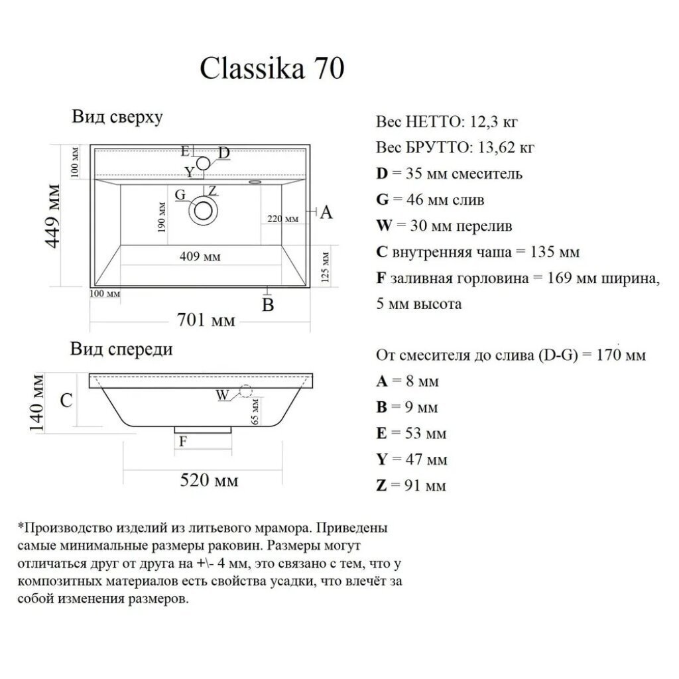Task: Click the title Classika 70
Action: click(x=272, y=68)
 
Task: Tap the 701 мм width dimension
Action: click(x=206, y=320)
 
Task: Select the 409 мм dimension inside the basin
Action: click(x=200, y=257)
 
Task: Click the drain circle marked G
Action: click(x=203, y=211)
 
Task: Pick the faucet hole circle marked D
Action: click(x=203, y=164)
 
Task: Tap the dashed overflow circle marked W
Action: click(x=245, y=391)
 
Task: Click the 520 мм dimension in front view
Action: click(x=209, y=480)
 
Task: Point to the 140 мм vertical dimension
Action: click(x=36, y=402)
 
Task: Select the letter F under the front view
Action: click(x=183, y=441)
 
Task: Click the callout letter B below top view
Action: click(x=268, y=305)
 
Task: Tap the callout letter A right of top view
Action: click(x=326, y=212)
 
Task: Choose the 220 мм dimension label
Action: click(x=282, y=219)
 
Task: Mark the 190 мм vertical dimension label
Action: click(x=162, y=217)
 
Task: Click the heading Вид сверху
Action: click(x=117, y=117)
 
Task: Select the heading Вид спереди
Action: click(x=121, y=349)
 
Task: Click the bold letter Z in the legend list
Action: click(x=381, y=485)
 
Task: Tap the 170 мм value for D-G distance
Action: click(x=621, y=355)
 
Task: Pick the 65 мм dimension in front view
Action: click(x=255, y=411)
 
